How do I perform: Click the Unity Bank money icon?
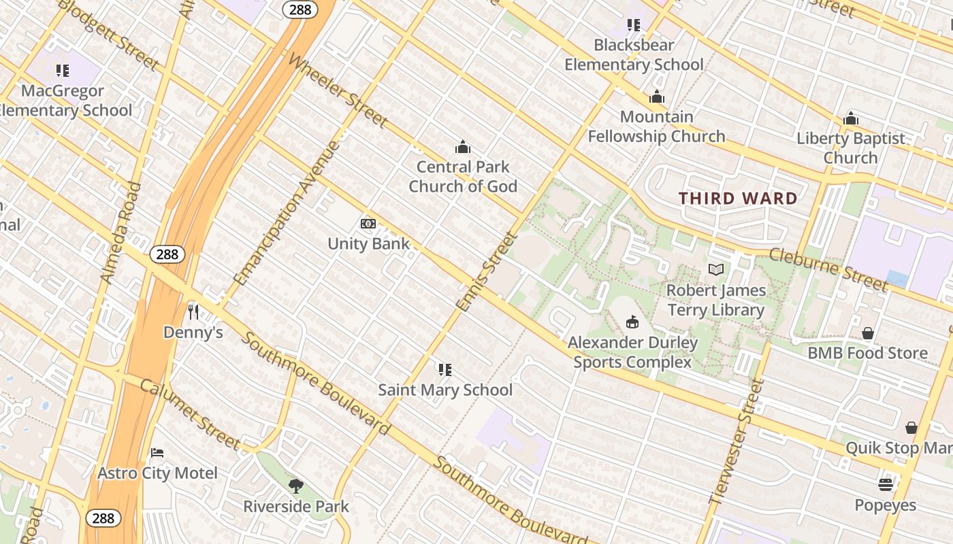(x=368, y=224)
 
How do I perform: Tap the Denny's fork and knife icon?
(x=193, y=312)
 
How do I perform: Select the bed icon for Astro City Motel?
(x=157, y=453)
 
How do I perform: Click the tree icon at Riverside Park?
(x=295, y=486)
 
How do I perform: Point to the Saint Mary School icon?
(x=445, y=370)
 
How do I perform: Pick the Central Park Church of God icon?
(x=463, y=147)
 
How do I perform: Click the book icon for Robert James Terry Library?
(x=715, y=270)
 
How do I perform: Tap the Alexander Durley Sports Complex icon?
(x=632, y=322)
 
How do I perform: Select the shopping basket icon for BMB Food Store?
(x=867, y=333)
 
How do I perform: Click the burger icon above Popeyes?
(x=885, y=485)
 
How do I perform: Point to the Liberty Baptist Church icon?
(x=850, y=119)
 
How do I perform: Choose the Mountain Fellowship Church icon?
(x=656, y=97)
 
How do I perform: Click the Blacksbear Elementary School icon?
(x=634, y=25)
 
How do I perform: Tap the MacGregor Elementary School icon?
(x=63, y=70)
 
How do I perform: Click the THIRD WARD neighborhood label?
(x=738, y=199)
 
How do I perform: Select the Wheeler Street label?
(x=337, y=90)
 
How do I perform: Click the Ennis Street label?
(x=487, y=272)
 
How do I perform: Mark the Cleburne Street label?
(x=828, y=269)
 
